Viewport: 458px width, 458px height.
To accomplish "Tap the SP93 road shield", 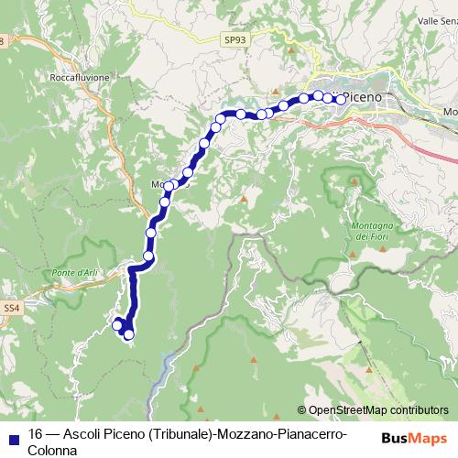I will (x=234, y=39).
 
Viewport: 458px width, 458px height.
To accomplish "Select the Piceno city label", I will (x=371, y=96).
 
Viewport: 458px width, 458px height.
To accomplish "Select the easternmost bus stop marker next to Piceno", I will (x=340, y=99).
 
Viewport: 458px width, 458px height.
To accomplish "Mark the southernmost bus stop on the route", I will (x=129, y=334).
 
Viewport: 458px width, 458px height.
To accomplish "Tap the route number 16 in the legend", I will (x=36, y=434).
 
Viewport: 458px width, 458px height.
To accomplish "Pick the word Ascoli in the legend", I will (x=82, y=434).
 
